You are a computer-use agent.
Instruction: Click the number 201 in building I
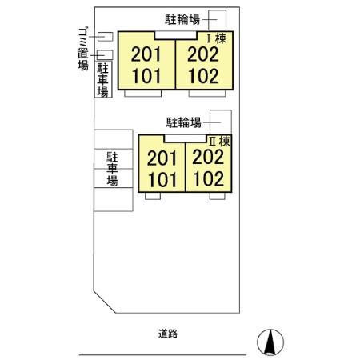pyautogui.click(x=146, y=54)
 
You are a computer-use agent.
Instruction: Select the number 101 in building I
pyautogui.click(x=146, y=76)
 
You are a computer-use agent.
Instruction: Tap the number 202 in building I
pyautogui.click(x=203, y=54)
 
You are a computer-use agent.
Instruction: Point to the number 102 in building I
pyautogui.click(x=204, y=76)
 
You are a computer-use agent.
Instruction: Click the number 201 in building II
pyautogui.click(x=162, y=158)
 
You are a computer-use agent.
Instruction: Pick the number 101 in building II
pyautogui.click(x=162, y=180)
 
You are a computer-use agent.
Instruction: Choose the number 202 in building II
pyautogui.click(x=208, y=157)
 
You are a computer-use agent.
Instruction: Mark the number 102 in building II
pyautogui.click(x=209, y=178)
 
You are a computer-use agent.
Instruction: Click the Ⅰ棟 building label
pyautogui.click(x=217, y=38)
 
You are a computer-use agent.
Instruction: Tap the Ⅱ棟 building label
pyautogui.click(x=219, y=142)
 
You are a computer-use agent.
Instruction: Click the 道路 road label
pyautogui.click(x=168, y=334)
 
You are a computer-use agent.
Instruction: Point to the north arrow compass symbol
pyautogui.click(x=270, y=342)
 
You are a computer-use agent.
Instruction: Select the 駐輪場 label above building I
pyautogui.click(x=182, y=19)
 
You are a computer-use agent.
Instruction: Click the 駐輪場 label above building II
pyautogui.click(x=184, y=122)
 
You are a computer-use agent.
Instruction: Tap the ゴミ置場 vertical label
pyautogui.click(x=83, y=49)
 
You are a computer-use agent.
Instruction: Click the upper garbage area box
pyautogui.click(x=105, y=37)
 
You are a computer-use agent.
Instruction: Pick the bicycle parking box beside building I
pyautogui.click(x=217, y=20)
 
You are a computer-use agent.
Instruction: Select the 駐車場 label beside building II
pyautogui.click(x=112, y=169)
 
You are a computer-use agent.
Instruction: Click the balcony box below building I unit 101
pyautogui.click(x=143, y=94)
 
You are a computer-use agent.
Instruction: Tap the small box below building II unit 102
pyautogui.click(x=217, y=196)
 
